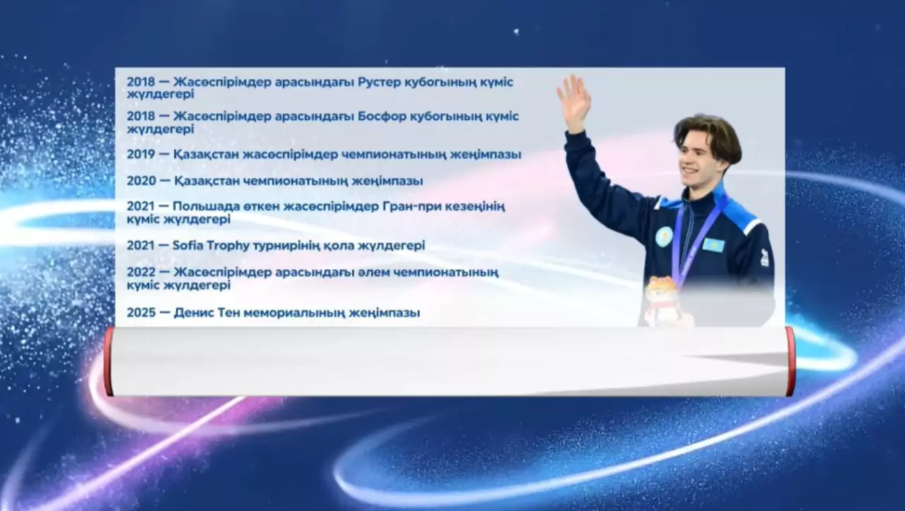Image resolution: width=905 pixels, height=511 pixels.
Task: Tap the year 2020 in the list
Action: (x=141, y=181)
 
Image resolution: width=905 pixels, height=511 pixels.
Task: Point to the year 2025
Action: (x=141, y=312)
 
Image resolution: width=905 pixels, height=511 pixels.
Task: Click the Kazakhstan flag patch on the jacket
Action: (x=713, y=245)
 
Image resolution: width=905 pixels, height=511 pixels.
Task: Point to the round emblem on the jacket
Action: (x=663, y=237)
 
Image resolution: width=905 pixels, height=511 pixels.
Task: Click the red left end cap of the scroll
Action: (x=108, y=360)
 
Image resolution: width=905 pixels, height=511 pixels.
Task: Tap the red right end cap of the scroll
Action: (x=790, y=360)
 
